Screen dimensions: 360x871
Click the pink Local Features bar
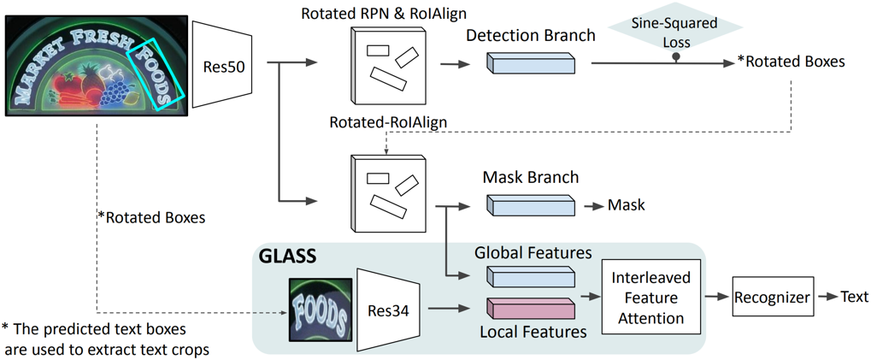(x=530, y=308)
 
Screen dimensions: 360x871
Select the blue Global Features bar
(x=530, y=275)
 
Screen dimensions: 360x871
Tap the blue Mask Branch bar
(x=530, y=205)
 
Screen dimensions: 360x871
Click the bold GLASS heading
(x=287, y=255)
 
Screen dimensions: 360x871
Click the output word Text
(x=853, y=297)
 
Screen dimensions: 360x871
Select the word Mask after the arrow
(x=626, y=205)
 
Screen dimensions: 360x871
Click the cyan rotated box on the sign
(x=155, y=73)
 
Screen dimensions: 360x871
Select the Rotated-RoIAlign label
(x=388, y=123)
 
